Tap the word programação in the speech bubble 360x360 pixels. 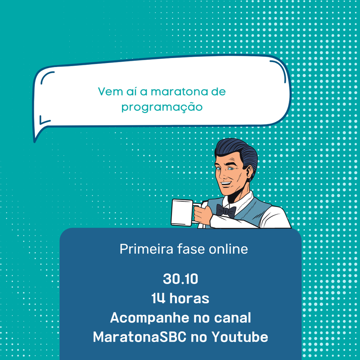click(x=162, y=107)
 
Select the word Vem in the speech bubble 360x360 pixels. click(x=110, y=91)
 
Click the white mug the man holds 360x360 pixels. click(x=183, y=212)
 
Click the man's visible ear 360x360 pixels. click(x=249, y=173)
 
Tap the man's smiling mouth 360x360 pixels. click(x=225, y=184)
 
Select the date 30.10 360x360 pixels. click(x=180, y=279)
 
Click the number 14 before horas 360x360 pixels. click(x=158, y=298)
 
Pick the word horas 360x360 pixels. click(x=189, y=298)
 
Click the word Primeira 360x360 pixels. click(x=146, y=249)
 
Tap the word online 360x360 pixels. click(x=228, y=249)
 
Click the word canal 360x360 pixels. click(x=232, y=318)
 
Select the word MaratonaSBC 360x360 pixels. click(x=139, y=337)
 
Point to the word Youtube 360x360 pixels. click(x=240, y=337)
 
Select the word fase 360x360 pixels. click(x=191, y=249)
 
